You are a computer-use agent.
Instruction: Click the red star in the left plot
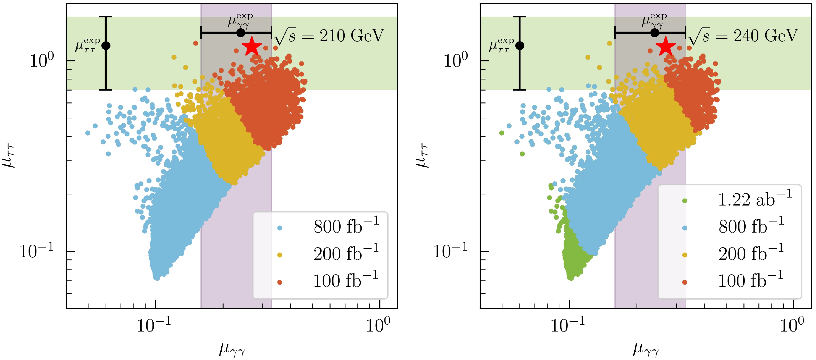coord(252,46)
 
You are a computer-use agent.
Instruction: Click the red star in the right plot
coord(666,46)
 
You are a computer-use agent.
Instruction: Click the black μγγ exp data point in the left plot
coord(241,33)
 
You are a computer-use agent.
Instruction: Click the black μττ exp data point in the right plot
coord(519,46)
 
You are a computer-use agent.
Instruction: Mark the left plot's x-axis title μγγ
coord(232,349)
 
